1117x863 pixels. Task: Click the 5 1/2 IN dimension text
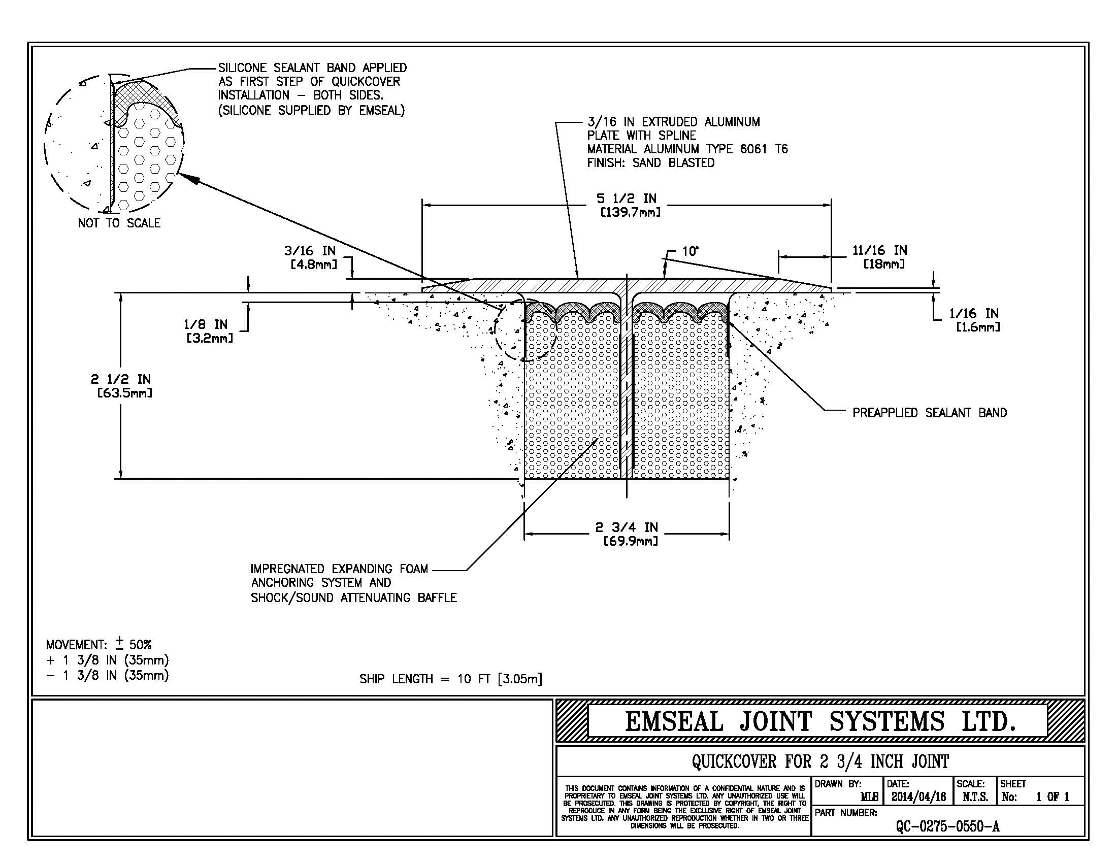(627, 199)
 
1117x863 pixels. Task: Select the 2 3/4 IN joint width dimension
(627, 527)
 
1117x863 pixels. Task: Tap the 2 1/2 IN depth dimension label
(121, 379)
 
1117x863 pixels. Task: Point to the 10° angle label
(690, 251)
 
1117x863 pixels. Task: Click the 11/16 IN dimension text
(880, 250)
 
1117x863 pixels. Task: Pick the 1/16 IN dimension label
(974, 313)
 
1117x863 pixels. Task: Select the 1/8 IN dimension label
(206, 325)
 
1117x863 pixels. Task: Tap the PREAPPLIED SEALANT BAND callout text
(929, 413)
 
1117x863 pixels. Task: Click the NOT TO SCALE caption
(119, 223)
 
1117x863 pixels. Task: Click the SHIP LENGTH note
(450, 679)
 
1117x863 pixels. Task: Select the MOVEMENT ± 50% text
(98, 644)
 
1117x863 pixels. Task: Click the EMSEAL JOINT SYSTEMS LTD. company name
(820, 721)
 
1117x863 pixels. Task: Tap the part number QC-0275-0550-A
(947, 826)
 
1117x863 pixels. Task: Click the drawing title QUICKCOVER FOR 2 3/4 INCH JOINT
(820, 762)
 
